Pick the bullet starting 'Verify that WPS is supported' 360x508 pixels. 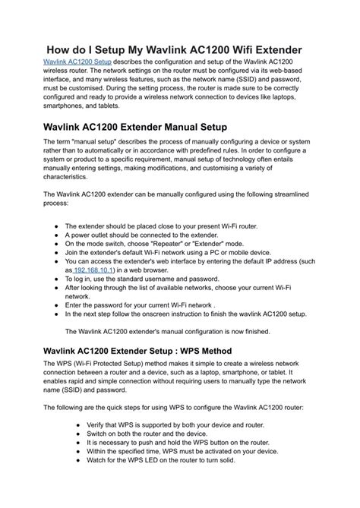(176, 426)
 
